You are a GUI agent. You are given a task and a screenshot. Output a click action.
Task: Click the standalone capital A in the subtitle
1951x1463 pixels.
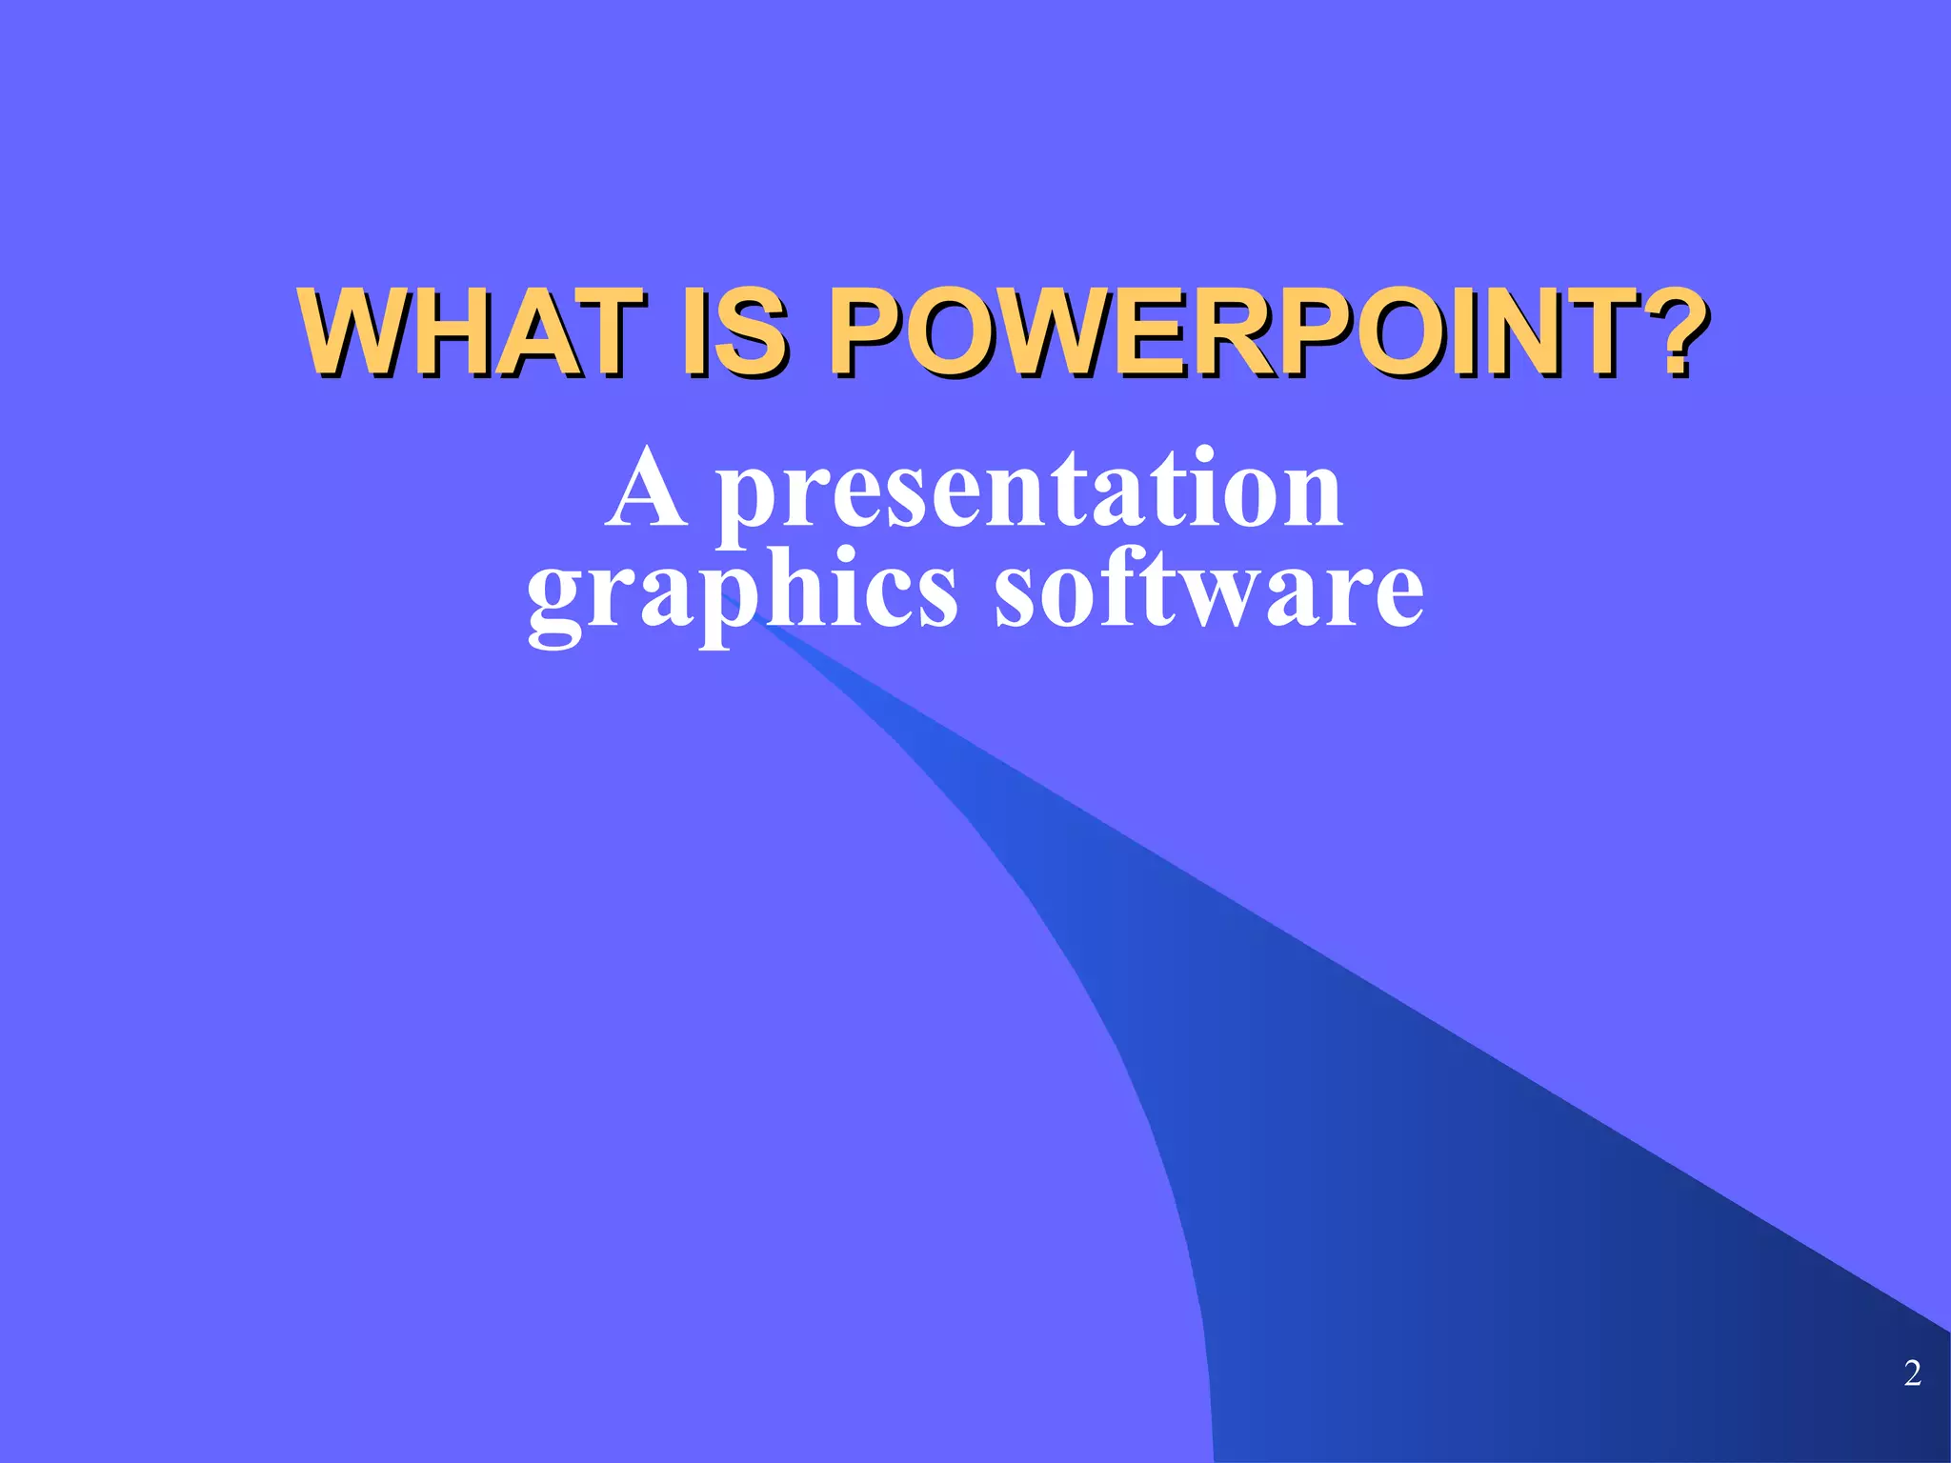647,491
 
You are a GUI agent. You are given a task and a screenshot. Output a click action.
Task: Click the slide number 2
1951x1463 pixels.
1912,1373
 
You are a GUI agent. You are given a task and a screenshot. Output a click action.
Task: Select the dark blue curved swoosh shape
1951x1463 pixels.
1429,1143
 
